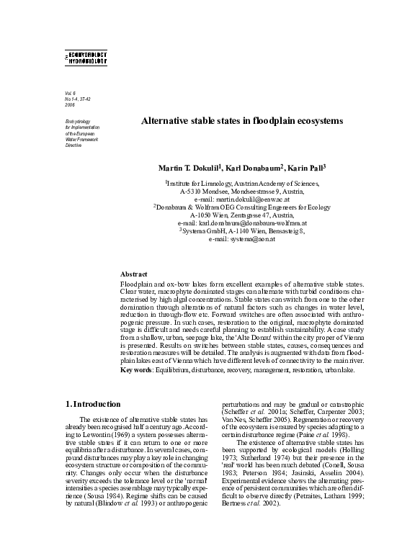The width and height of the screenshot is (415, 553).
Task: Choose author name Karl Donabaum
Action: [x=255, y=167]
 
